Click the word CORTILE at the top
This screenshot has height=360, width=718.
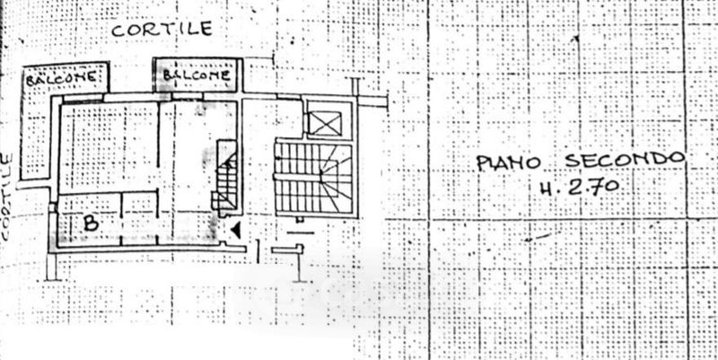(162, 29)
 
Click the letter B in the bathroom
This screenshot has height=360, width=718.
(90, 223)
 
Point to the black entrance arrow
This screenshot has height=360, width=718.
(235, 231)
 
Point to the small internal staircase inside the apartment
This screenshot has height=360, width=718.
(227, 180)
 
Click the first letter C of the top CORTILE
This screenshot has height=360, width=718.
(117, 30)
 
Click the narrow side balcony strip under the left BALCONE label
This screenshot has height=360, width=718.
(36, 135)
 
